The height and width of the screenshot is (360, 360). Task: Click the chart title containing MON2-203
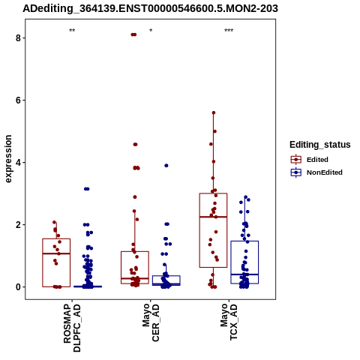point(150,8)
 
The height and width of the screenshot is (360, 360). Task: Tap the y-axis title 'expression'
point(8,159)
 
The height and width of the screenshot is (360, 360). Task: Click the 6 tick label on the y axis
point(18,100)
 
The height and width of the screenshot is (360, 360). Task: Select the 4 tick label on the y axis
point(18,163)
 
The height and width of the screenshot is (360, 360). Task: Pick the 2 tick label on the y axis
point(18,225)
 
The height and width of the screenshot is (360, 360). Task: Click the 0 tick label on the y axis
point(18,287)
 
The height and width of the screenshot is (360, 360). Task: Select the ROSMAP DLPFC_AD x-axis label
point(72,328)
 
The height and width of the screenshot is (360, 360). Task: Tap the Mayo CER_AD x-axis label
point(151,322)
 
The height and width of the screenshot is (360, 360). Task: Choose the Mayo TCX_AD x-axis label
point(229,322)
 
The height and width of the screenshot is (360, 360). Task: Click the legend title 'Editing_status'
point(320,145)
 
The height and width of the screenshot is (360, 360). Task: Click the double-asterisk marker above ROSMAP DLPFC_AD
point(72,31)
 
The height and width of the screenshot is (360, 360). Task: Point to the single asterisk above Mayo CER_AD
point(151,31)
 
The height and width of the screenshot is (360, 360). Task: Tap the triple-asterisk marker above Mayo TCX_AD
point(229,31)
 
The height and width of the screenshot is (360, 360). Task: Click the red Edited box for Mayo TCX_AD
point(213,193)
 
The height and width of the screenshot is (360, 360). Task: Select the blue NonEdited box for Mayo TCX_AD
point(244,241)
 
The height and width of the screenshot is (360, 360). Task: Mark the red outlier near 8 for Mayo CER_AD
point(133,34)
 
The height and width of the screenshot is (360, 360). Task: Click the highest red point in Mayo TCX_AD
point(214,112)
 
